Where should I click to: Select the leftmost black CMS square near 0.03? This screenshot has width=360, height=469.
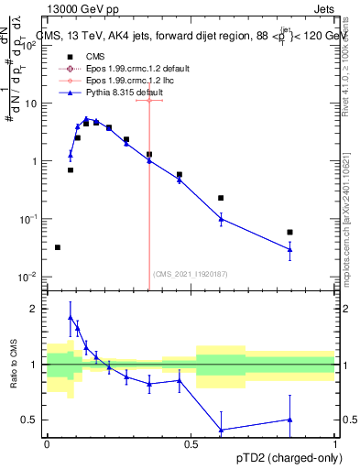pyautogui.click(x=57, y=247)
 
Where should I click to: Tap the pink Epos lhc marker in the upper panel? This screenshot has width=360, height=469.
pyautogui.click(x=149, y=100)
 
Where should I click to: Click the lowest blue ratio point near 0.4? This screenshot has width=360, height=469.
pyautogui.click(x=220, y=430)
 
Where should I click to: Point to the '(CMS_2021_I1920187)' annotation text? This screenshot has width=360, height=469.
pyautogui.click(x=191, y=273)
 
